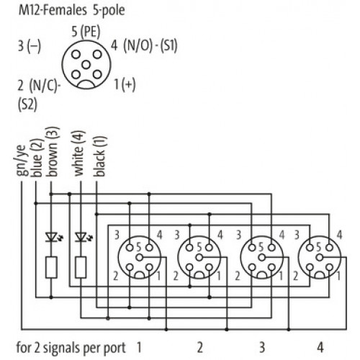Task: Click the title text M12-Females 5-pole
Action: coord(71,10)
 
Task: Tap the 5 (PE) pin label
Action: coord(86,32)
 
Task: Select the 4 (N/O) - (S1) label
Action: coord(144,45)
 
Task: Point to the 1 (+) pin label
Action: coord(125,84)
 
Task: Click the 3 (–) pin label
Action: coord(30,45)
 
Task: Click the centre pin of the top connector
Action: coord(86,65)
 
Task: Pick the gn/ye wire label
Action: coord(21,160)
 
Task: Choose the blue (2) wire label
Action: coord(37,158)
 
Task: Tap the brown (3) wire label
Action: coord(53,152)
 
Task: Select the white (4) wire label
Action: coord(79,153)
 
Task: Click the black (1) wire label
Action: coord(99,156)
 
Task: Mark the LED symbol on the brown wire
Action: coord(53,237)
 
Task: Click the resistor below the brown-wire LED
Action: coord(51,267)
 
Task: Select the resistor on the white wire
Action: coord(81,267)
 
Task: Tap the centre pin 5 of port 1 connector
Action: coord(140,258)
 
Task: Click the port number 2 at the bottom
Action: coord(200,348)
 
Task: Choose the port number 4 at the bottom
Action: coord(320,348)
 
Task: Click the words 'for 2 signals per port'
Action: coord(71,348)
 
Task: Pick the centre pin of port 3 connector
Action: coord(262,258)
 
